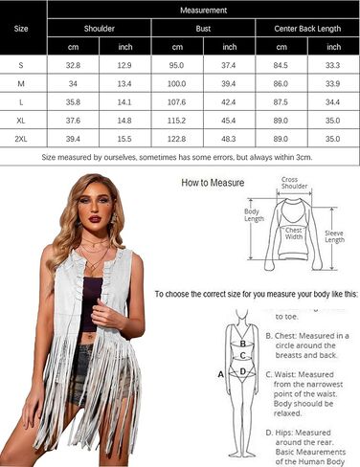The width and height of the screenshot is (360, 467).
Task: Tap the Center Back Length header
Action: [x=306, y=29]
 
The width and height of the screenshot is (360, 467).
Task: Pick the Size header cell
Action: [x=21, y=29]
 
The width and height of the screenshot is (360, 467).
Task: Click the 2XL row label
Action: [x=21, y=139]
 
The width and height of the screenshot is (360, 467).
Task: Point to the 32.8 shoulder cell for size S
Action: [x=73, y=66]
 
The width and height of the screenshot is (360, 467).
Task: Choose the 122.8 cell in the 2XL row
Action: [x=177, y=139]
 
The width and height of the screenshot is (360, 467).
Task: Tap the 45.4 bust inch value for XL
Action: [x=229, y=121]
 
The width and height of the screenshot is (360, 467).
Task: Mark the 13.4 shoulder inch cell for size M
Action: [x=124, y=84]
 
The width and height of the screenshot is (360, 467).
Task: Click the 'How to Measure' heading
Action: [x=213, y=182]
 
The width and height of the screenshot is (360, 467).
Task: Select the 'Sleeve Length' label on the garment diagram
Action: [x=334, y=235]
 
